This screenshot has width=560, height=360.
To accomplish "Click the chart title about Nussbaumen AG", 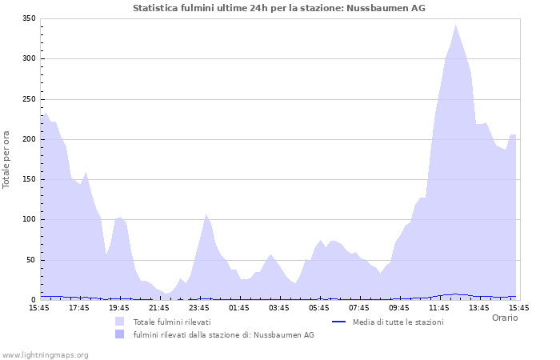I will tap(279, 8).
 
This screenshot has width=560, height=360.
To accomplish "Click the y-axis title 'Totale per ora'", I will tap(7, 159).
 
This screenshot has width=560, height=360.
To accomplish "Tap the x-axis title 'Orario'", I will tap(505, 318).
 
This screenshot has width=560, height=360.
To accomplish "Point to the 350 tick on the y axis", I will tap(28, 18).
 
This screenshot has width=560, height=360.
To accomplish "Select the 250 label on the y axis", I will tap(28, 99).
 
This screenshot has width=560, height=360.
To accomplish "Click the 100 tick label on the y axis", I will tap(28, 220).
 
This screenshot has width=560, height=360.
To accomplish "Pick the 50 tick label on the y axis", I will tap(30, 260).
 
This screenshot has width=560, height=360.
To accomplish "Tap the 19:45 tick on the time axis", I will tap(119, 307).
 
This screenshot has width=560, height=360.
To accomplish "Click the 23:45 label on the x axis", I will tap(199, 307).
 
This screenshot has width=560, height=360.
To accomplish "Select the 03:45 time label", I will tap(279, 307).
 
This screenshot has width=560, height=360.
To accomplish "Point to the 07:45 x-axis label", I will tap(359, 307).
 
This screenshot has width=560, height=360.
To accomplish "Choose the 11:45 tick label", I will tap(439, 307).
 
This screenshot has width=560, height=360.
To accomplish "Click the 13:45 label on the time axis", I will tap(479, 307).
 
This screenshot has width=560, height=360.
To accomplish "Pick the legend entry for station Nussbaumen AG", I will tap(223, 334).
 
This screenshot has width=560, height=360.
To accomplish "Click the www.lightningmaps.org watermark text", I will tap(45, 354).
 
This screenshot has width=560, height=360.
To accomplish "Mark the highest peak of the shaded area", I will tap(455, 25).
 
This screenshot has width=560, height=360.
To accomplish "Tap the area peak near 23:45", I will tap(206, 214).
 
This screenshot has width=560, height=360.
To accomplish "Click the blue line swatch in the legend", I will tap(338, 322).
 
